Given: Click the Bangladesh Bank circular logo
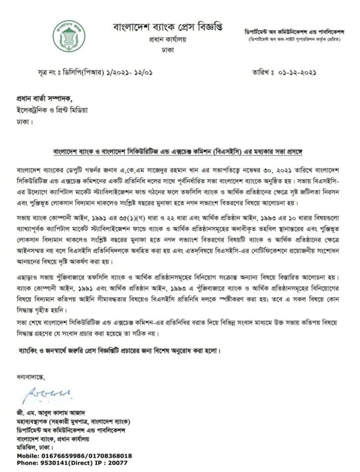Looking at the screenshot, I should [70, 35].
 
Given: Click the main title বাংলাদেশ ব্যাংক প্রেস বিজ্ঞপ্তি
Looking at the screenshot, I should [168, 26].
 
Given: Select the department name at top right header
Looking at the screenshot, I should [294, 30].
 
